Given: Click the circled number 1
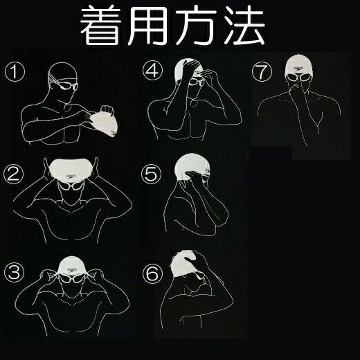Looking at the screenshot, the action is pyautogui.click(x=15, y=71).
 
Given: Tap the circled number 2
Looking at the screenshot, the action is pyautogui.click(x=13, y=174).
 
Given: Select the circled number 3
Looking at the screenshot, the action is pyautogui.click(x=14, y=272).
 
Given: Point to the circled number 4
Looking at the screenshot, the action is pyautogui.click(x=152, y=71).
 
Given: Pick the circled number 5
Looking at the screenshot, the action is pyautogui.click(x=152, y=174).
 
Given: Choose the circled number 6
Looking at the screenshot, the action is pyautogui.click(x=152, y=273).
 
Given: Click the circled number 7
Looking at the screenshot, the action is pyautogui.click(x=262, y=71).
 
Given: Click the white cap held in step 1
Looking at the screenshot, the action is pyautogui.click(x=105, y=123).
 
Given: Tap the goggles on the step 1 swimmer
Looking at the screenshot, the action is pyautogui.click(x=69, y=87).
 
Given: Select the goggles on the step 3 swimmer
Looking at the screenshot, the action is pyautogui.click(x=71, y=279).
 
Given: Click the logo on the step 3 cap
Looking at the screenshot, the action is pyautogui.click(x=71, y=270).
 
